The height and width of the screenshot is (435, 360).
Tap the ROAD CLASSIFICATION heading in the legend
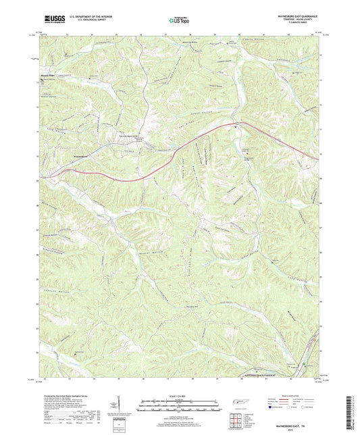tap(292, 396)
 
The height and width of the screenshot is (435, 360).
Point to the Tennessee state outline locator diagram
tap(240, 403)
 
